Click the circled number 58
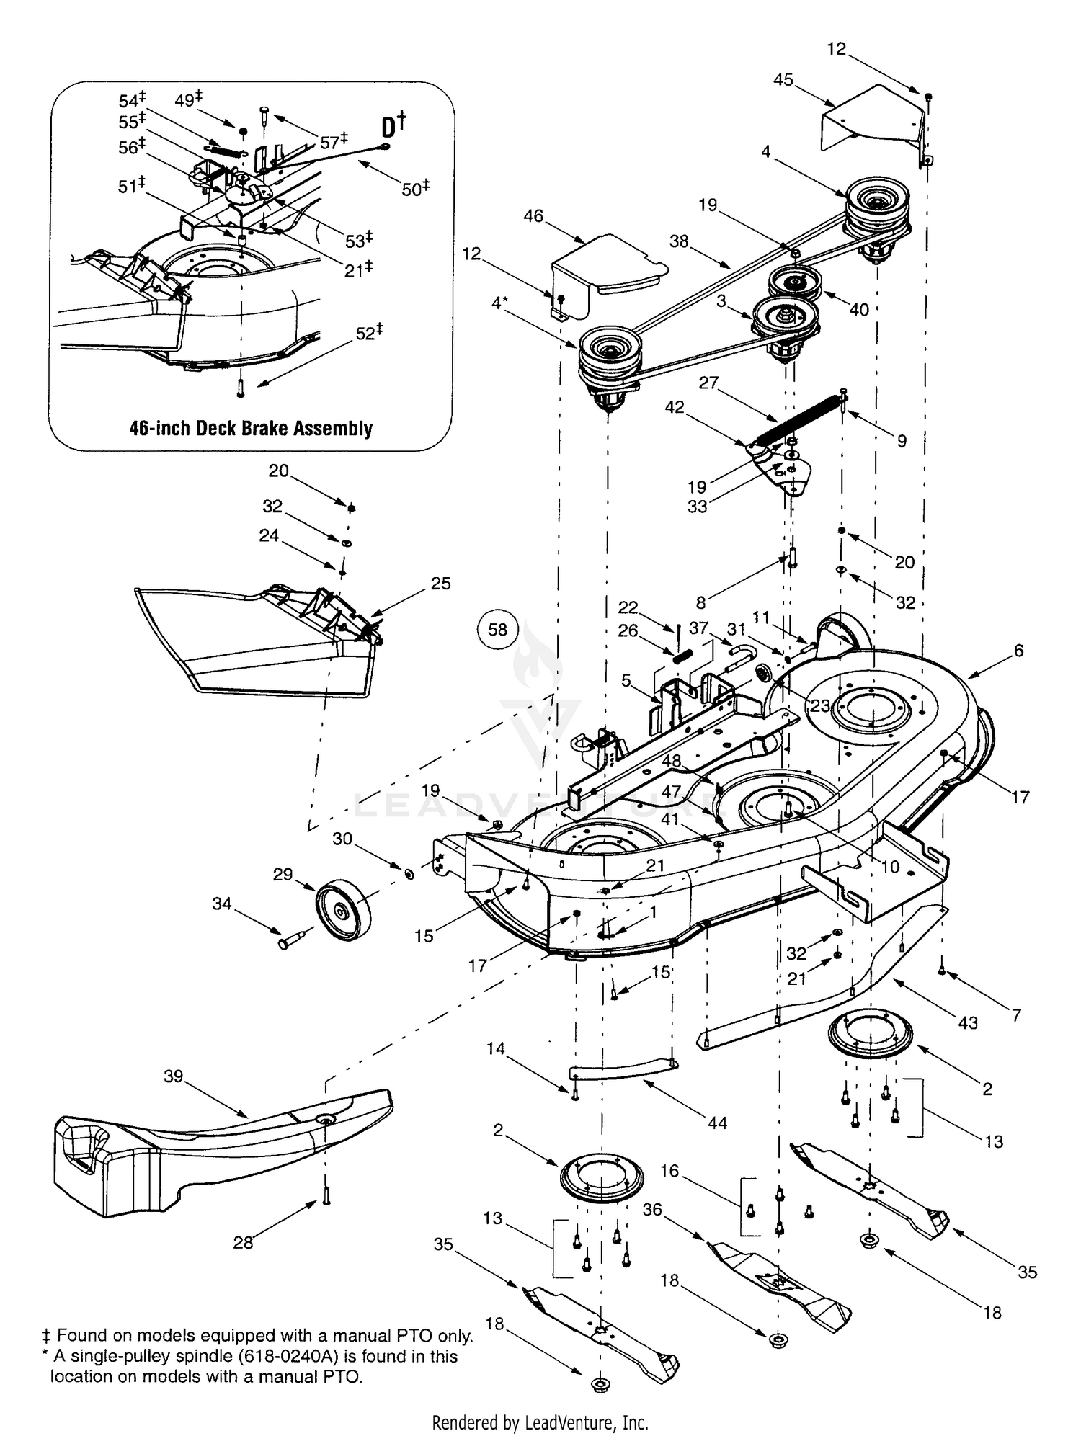[497, 630]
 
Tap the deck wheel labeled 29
[343, 910]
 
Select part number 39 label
[174, 1076]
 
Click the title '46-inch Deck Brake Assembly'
[251, 428]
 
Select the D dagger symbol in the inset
[393, 125]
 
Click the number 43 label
[968, 1022]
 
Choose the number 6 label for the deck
[1018, 650]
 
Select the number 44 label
[717, 1123]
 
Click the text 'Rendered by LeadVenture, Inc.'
[540, 1422]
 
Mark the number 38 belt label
[679, 241]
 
